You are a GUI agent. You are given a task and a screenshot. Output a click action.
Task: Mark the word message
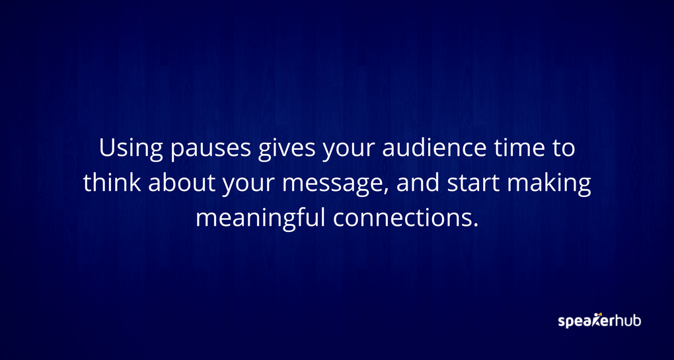(334, 185)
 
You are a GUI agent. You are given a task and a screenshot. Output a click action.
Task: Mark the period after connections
(474, 225)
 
